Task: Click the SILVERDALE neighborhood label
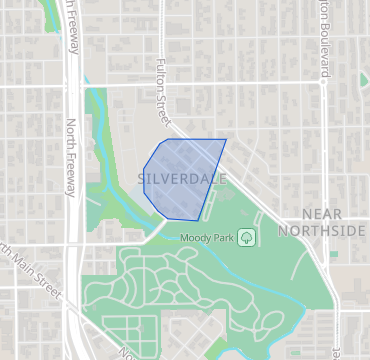click(x=182, y=179)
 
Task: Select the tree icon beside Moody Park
click(x=247, y=237)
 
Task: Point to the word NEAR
click(x=321, y=214)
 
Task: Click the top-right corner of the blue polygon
click(x=226, y=140)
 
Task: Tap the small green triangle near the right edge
click(x=363, y=78)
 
